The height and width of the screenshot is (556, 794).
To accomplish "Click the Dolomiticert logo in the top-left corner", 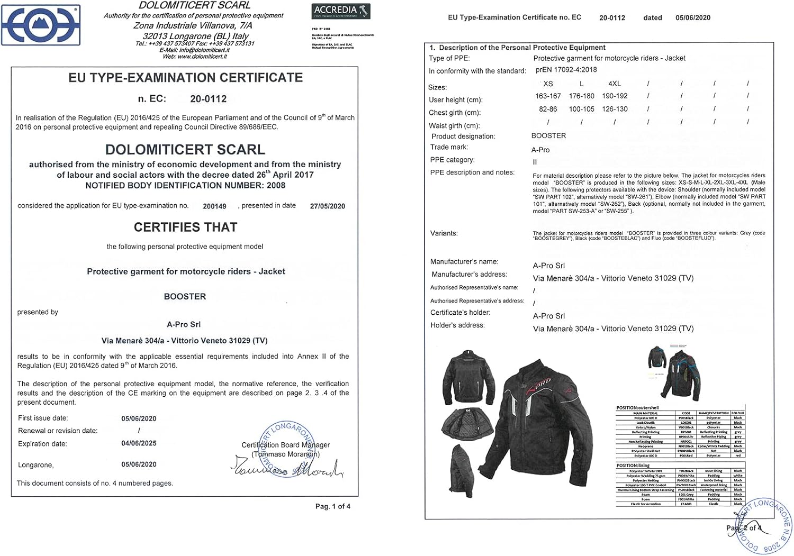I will point(41,25).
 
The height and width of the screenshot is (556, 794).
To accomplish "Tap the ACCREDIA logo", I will point(340,11).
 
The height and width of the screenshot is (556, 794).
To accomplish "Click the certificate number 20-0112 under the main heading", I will point(208,99).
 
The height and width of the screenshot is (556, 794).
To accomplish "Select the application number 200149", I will point(214,206).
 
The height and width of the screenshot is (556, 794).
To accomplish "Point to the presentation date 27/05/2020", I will point(327,206).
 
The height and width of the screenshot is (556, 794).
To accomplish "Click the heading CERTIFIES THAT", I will point(185,227).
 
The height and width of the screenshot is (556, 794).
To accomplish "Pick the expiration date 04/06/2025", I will point(139,443).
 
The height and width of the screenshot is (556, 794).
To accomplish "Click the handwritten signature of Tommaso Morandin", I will point(286,468).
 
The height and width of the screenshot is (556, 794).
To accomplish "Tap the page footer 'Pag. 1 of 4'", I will point(332,506).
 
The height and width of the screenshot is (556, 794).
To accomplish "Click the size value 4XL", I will point(614,84).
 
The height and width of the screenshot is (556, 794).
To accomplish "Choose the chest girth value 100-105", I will point(581,109).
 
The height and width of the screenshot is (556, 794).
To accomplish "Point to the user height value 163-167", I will point(548,96).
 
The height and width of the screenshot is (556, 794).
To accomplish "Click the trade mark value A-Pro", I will point(540,150).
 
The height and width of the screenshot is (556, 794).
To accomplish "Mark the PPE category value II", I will point(535,162).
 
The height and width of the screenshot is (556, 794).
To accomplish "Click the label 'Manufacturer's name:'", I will point(464,261).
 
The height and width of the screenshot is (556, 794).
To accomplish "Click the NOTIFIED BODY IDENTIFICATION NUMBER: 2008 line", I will point(185,186).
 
